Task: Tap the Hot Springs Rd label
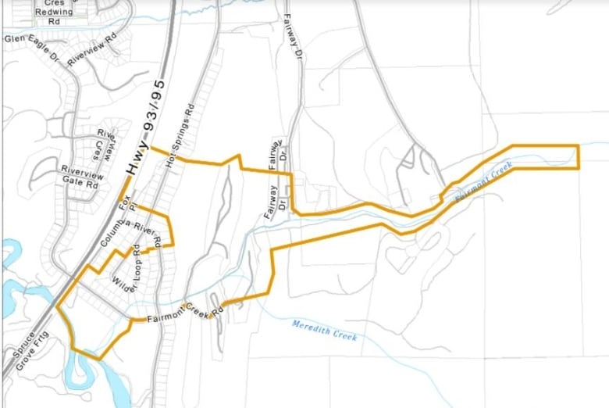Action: pyautogui.click(x=179, y=136)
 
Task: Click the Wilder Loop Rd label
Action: pyautogui.click(x=126, y=270)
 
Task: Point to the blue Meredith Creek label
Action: pyautogui.click(x=325, y=331)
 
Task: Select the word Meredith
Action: pyautogui.click(x=313, y=327)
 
